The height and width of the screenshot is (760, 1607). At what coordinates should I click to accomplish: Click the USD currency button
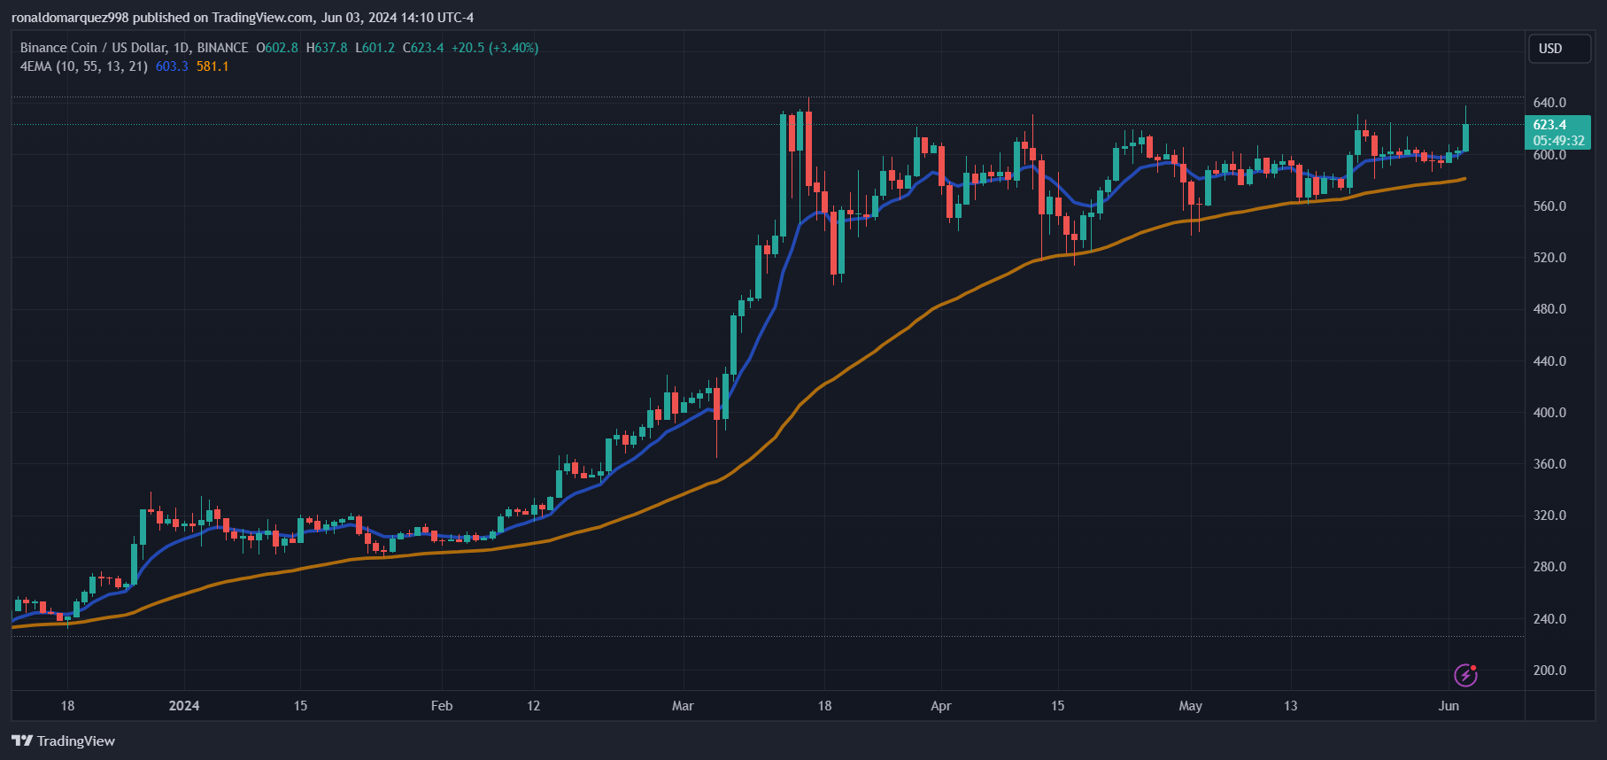point(1559,49)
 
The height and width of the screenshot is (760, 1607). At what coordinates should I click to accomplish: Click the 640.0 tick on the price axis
point(1549,103)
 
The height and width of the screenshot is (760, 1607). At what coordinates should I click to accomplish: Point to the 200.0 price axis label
point(1549,671)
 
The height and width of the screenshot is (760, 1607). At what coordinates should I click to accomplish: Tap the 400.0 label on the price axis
point(1549,413)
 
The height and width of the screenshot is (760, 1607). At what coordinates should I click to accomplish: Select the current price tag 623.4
point(1549,125)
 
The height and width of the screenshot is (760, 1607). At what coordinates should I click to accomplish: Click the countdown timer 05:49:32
point(1558,141)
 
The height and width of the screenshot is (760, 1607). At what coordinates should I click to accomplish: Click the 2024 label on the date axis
point(184,706)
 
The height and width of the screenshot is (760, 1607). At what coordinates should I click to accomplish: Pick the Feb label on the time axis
point(441,706)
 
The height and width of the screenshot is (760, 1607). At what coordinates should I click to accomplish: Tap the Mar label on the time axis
point(683,706)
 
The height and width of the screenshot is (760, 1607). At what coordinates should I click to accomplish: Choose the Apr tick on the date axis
point(940,706)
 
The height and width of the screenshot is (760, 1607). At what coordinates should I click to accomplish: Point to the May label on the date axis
point(1190,706)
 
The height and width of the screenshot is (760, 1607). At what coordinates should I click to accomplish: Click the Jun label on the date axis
point(1449,706)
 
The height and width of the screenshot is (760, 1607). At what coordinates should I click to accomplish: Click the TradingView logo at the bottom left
point(64,741)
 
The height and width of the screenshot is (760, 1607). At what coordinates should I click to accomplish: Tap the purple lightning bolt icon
point(1465,675)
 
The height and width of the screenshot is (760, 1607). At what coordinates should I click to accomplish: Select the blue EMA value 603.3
point(172,66)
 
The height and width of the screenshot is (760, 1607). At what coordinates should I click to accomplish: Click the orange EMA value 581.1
point(212,66)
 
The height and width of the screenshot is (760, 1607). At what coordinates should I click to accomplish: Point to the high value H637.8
point(327,48)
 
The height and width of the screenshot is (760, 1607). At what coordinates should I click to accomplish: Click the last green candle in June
point(1465,137)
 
